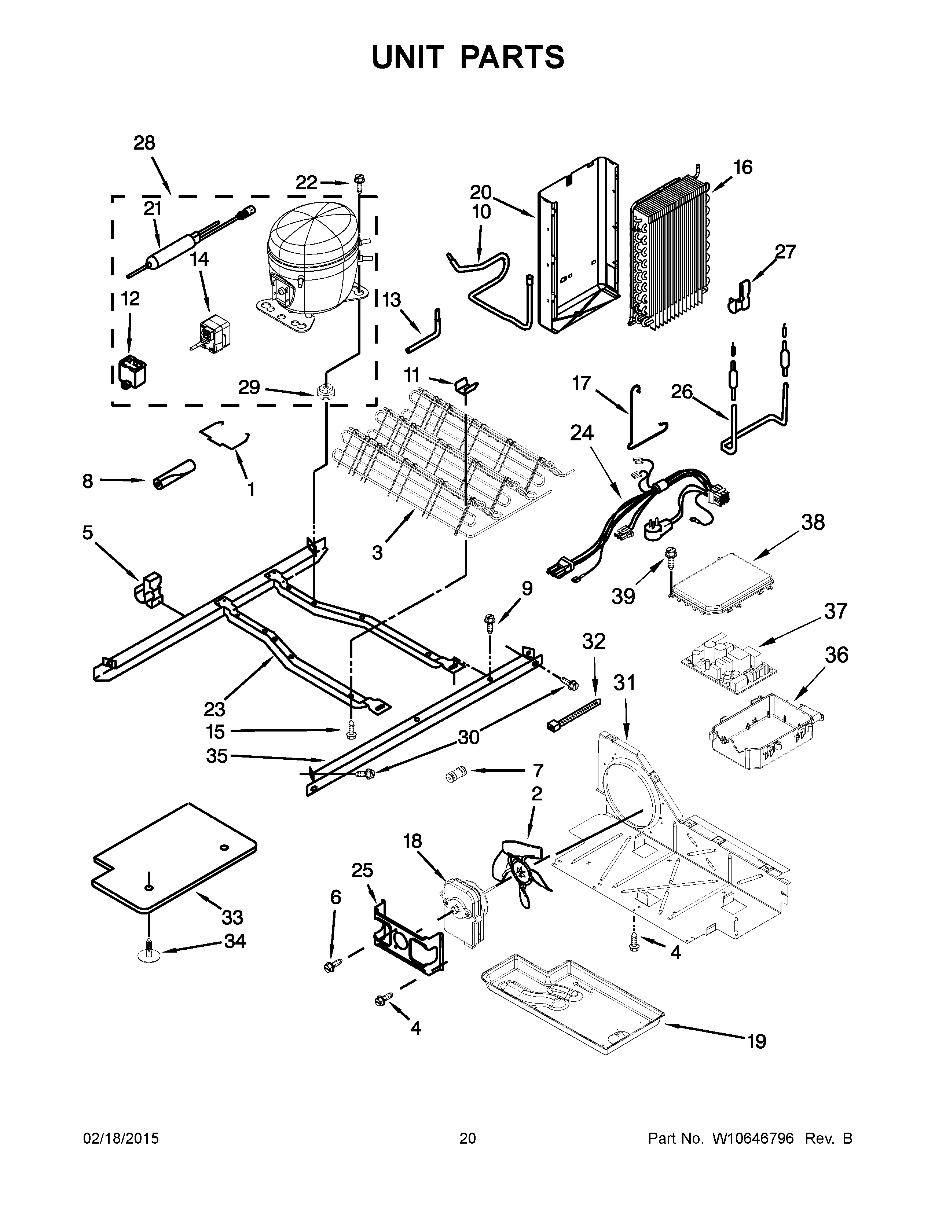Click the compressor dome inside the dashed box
pyautogui.click(x=310, y=244)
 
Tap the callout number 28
pyautogui.click(x=144, y=143)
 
